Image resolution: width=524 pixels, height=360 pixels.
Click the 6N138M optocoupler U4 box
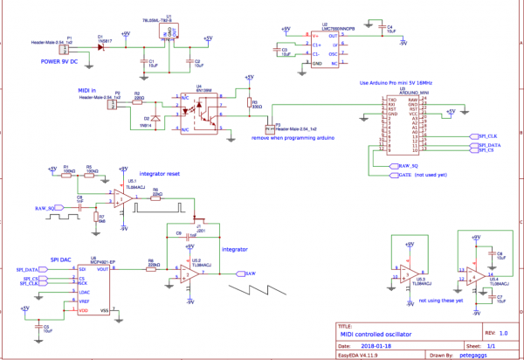click(x=202, y=110)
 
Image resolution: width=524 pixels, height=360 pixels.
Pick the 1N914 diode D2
click(x=155, y=118)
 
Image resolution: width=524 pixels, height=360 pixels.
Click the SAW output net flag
click(x=250, y=273)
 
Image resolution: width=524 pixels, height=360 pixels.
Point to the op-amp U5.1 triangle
click(x=121, y=199)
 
